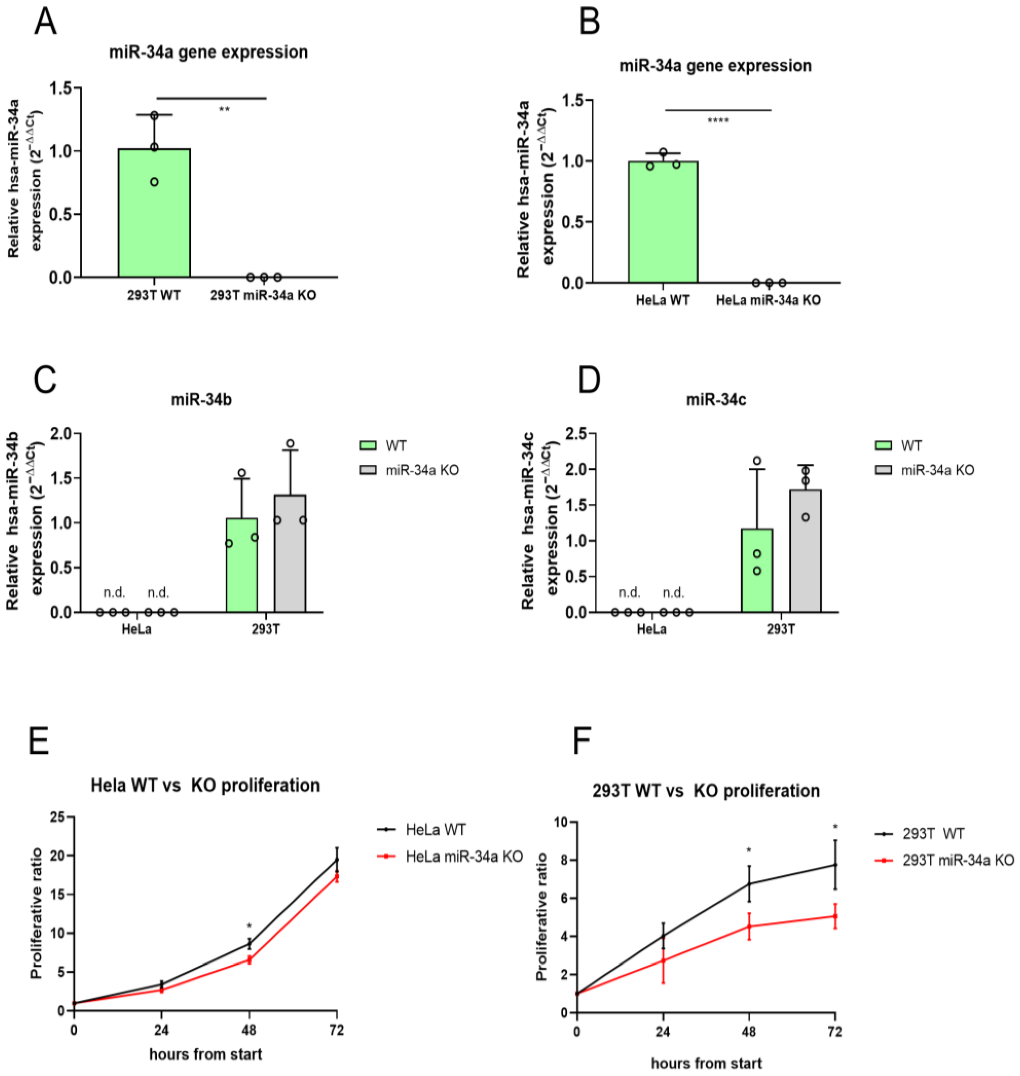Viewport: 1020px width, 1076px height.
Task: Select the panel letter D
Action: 589,380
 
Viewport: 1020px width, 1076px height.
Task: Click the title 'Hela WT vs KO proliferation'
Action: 205,786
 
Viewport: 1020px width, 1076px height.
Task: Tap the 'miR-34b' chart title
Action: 201,400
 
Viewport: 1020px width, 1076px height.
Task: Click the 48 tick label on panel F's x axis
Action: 749,1031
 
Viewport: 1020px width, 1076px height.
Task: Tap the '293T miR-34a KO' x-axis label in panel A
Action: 263,296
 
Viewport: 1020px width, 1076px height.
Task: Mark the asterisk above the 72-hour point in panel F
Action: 835,828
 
